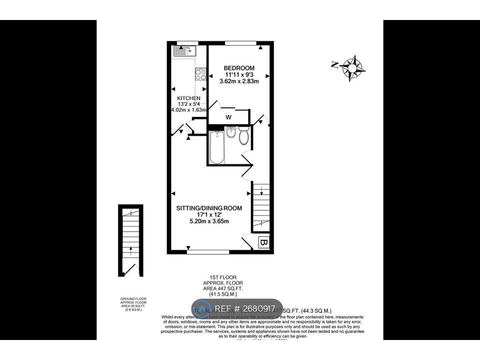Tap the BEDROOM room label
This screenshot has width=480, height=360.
click(239, 68)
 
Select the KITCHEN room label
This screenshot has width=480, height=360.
click(188, 98)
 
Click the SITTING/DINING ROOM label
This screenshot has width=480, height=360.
click(209, 208)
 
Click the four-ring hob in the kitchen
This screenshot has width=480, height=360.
click(201, 74)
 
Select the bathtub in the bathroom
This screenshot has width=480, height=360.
click(216, 147)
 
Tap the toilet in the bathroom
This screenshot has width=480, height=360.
click(244, 136)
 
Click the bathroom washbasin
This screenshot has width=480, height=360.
click(231, 133)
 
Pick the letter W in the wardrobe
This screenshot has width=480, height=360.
click(228, 118)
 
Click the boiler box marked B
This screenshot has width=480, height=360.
click(264, 243)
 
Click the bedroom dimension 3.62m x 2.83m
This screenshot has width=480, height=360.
click(239, 81)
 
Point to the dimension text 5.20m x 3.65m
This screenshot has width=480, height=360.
click(209, 222)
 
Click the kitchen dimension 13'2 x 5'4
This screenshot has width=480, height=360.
click(188, 104)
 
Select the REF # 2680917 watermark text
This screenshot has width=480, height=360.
click(245, 308)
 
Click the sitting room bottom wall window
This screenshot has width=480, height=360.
click(208, 251)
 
